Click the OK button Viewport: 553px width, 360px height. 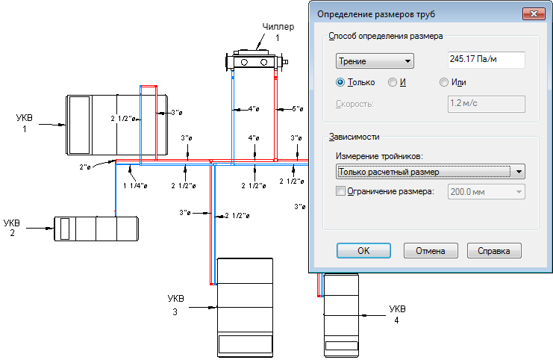tap(363, 251)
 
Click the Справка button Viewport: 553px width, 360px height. tap(494, 251)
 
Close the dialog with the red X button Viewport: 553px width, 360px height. tap(534, 13)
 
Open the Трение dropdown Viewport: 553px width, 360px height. tap(375, 61)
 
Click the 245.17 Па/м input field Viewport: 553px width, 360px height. tap(487, 59)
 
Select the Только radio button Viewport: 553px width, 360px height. tap(340, 82)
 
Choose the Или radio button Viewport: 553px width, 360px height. tap(444, 82)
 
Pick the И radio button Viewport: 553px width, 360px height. tap(393, 82)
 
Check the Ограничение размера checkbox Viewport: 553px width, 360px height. tap(340, 191)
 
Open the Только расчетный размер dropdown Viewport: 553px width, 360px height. tap(431, 172)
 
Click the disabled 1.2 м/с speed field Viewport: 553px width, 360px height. tap(487, 104)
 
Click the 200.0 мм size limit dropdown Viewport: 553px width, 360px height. tap(487, 192)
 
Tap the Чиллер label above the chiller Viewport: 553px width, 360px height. tap(278, 27)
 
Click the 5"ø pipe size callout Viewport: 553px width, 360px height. tap(298, 109)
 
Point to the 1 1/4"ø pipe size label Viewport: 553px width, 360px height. tap(135, 185)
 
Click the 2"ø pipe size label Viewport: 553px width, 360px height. tap(85, 167)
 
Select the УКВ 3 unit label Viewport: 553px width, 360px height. tap(175, 305)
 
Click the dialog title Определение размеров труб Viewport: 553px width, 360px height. tap(376, 14)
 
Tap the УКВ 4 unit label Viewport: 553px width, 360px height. tap(397, 314)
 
